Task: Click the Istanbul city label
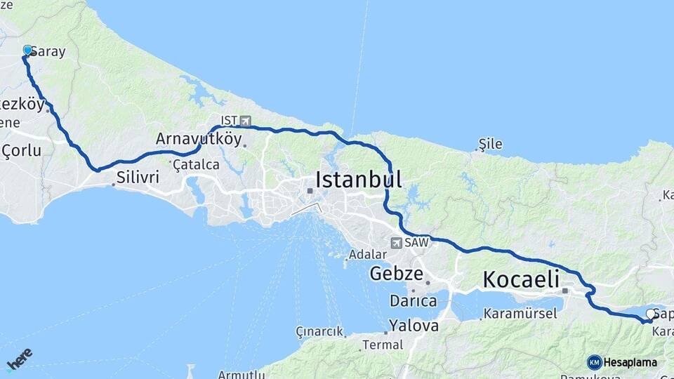coord(359,180)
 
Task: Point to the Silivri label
coord(138,178)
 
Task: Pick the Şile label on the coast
coord(490,144)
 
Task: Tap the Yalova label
coord(414,326)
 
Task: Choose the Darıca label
coord(413,301)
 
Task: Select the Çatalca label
coord(196,164)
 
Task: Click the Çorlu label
coord(21,151)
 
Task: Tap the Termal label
coord(382,345)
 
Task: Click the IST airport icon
coord(244,121)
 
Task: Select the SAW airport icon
coord(397,243)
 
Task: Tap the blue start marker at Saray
coord(28,51)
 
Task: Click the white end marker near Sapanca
coord(650,314)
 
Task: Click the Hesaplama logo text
coord(630,362)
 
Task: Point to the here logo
coord(19,359)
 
